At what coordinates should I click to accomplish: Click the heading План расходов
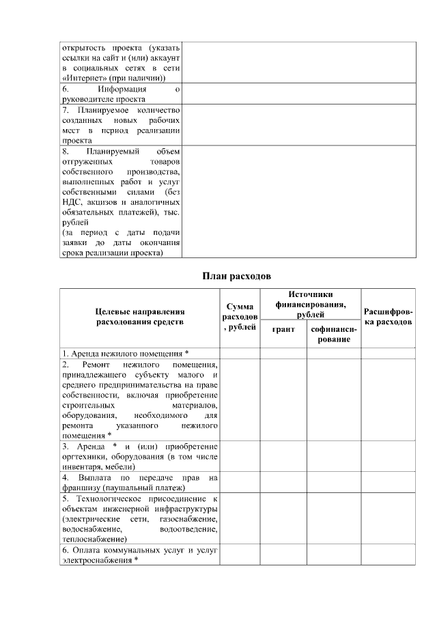(236, 277)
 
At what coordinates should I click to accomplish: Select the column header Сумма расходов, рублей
(240, 318)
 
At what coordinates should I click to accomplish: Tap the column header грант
(284, 329)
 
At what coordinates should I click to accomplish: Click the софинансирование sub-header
(334, 334)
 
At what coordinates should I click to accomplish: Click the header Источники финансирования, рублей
(309, 304)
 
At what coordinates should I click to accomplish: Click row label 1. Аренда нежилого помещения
(125, 353)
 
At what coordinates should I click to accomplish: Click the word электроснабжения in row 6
(96, 560)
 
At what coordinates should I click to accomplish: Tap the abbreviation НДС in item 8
(70, 202)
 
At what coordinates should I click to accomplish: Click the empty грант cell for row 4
(284, 482)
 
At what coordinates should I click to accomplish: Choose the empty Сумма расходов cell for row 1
(240, 353)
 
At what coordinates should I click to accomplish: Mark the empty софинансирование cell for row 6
(334, 554)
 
